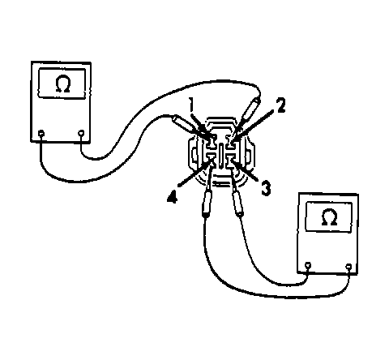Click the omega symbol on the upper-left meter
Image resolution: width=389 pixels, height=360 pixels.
click(x=63, y=84)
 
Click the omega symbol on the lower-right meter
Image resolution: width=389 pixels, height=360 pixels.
click(x=330, y=217)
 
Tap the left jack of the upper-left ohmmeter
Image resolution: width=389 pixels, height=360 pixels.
click(x=41, y=133)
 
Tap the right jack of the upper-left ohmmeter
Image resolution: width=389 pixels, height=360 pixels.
click(x=81, y=133)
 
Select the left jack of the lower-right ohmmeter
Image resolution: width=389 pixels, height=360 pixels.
click(x=308, y=265)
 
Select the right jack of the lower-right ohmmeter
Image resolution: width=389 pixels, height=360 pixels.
click(x=348, y=267)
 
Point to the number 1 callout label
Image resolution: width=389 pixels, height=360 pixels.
click(x=191, y=105)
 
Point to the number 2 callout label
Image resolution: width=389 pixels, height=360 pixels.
click(x=280, y=105)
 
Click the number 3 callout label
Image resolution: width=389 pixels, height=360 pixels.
click(x=266, y=188)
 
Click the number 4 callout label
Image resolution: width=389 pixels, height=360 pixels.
click(x=173, y=196)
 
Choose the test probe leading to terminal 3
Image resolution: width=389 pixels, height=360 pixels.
click(x=236, y=192)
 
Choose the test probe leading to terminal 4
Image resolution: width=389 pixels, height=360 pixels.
click(x=207, y=192)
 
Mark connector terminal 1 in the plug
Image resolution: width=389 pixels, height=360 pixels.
click(x=211, y=142)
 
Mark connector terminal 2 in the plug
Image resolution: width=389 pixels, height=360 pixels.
click(x=230, y=142)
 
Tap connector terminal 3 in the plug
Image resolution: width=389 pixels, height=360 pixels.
click(x=231, y=161)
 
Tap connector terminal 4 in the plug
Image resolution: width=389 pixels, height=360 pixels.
click(x=211, y=161)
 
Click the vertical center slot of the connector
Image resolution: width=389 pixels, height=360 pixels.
click(x=221, y=157)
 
